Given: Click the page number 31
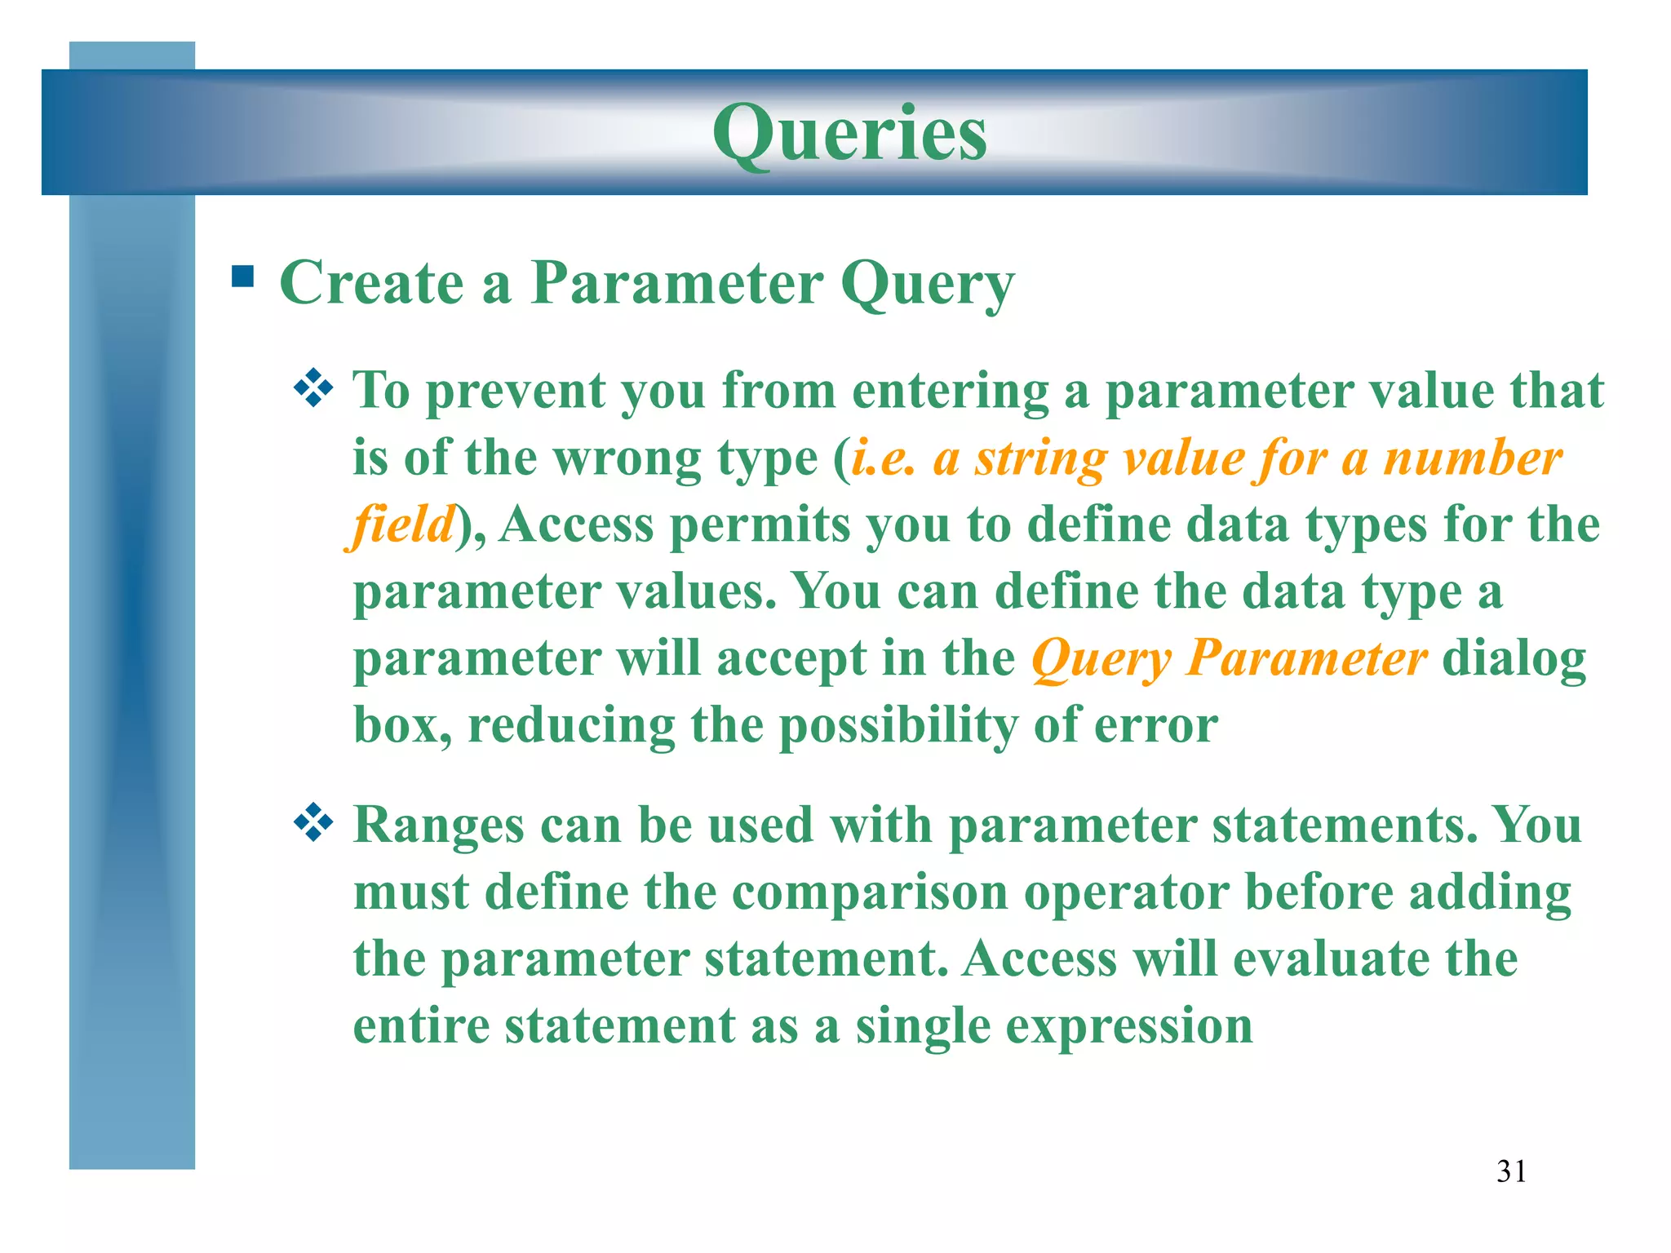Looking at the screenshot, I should [x=1511, y=1171].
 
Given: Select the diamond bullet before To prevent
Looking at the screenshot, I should [x=313, y=388].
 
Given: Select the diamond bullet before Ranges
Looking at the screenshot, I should [x=313, y=823].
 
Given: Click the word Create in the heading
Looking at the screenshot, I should [x=371, y=282].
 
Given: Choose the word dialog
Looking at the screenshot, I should [x=1514, y=659].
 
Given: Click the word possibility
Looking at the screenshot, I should [x=898, y=726].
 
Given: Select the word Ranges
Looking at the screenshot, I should [x=438, y=826].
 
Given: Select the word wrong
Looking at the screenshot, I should [x=626, y=459].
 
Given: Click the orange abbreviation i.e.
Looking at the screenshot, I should [x=883, y=458].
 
